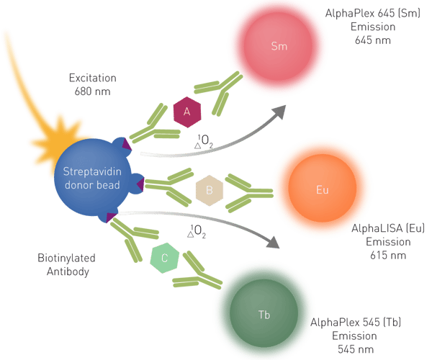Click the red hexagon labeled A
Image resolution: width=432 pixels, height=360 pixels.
point(187,112)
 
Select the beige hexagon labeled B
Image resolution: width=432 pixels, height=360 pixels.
point(210,191)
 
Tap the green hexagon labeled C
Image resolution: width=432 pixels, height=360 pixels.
point(165,258)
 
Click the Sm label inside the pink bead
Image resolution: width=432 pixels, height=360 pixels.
point(279,48)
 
